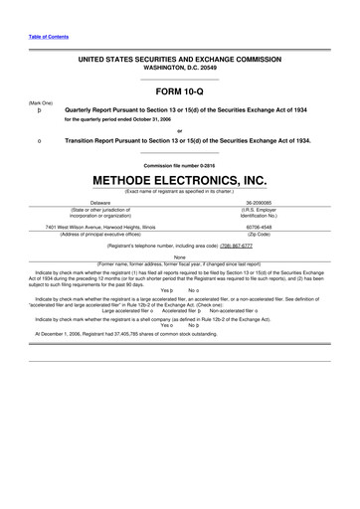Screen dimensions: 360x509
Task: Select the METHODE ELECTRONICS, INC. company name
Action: tap(180, 181)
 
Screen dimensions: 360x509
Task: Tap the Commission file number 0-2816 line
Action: tap(180, 164)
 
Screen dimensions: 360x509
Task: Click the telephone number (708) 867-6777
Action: tap(247, 244)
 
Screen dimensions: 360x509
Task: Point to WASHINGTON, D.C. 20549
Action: tap(180, 68)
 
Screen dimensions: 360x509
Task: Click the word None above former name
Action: tap(180, 255)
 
